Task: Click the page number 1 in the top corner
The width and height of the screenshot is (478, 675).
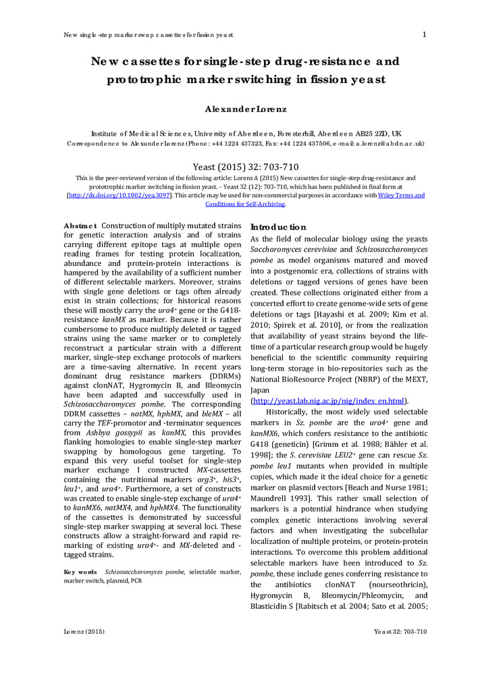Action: pyautogui.click(x=424, y=34)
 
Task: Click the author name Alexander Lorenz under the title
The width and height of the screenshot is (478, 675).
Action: pyautogui.click(x=238, y=109)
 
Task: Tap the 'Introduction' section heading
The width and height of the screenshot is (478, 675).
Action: pyautogui.click(x=278, y=227)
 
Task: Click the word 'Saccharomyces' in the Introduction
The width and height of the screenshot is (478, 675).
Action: pyautogui.click(x=277, y=251)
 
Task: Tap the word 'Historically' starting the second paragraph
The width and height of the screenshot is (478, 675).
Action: pyautogui.click(x=290, y=411)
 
